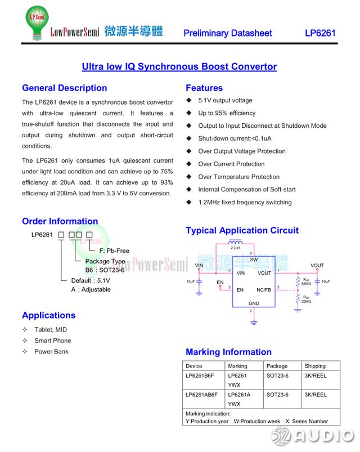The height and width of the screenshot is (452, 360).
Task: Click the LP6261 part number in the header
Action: (x=320, y=33)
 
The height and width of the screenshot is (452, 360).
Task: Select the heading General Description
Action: (x=64, y=88)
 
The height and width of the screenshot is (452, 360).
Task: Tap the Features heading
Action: (x=204, y=88)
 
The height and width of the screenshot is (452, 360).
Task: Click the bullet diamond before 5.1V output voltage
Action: (x=190, y=100)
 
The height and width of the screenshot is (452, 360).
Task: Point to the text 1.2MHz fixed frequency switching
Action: (x=245, y=202)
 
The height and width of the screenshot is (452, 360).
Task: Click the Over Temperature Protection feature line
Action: (x=238, y=177)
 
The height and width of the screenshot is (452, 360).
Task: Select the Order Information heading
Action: (x=60, y=221)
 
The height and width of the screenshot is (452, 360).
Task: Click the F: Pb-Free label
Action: (x=114, y=250)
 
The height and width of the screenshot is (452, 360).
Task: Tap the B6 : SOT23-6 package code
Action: (x=105, y=270)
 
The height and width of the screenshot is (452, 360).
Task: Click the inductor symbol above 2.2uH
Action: (x=235, y=243)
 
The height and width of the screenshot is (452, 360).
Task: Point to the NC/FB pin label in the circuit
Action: (x=263, y=290)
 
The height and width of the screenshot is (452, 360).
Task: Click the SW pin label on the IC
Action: (x=254, y=260)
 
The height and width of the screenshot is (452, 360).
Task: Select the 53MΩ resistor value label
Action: (x=306, y=284)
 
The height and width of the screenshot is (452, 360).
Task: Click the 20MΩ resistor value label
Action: (x=306, y=301)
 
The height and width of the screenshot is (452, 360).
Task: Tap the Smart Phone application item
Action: (x=53, y=341)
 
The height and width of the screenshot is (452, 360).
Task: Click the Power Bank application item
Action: (x=51, y=352)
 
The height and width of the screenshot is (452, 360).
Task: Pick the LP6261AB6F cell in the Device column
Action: (x=202, y=395)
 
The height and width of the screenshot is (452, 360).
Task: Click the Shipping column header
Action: (x=315, y=366)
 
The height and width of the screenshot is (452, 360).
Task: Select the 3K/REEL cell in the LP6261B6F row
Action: (x=316, y=375)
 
